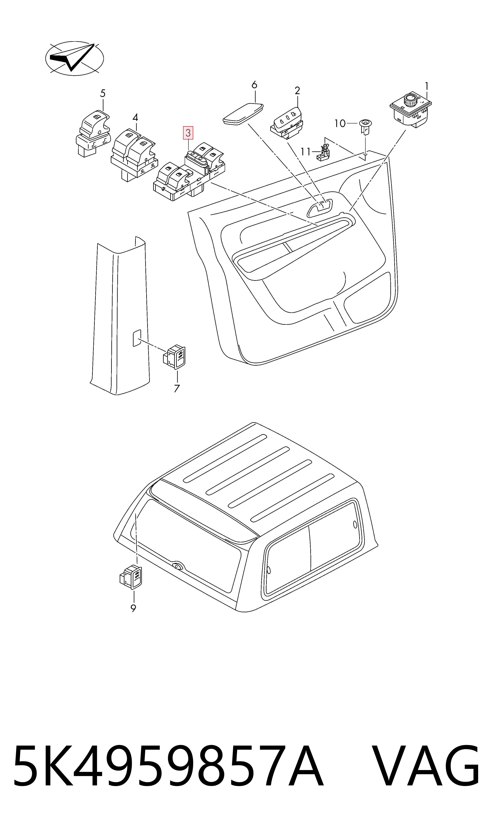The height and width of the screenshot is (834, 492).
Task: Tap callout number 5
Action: coord(103,94)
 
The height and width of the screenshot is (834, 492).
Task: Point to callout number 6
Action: coord(254,85)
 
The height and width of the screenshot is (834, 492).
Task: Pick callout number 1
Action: coord(427,86)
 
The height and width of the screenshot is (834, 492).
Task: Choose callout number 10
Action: coord(340,124)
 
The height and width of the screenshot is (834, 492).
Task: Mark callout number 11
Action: coord(306,152)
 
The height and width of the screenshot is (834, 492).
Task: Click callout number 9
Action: coord(133,608)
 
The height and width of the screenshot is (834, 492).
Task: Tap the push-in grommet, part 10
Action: coord(365,127)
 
